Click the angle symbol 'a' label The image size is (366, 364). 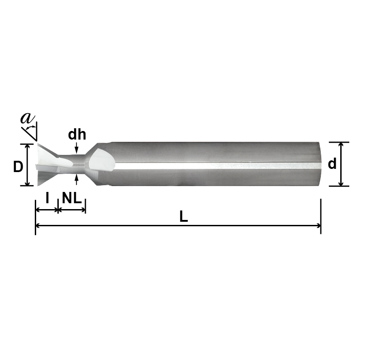click(27, 118)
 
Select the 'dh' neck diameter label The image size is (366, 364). click(77, 135)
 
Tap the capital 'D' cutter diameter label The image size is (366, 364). click(18, 167)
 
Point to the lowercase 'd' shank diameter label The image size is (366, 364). click(332, 164)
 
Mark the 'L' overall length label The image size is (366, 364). click(183, 217)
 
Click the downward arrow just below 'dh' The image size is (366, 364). click(77, 149)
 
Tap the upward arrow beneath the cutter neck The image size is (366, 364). click(77, 178)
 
